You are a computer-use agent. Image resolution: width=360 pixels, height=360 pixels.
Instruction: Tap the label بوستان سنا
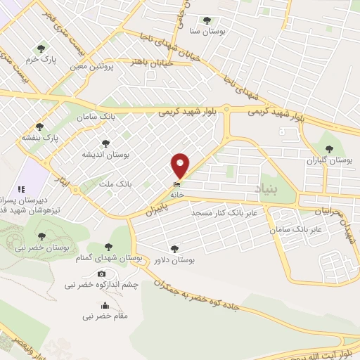tap(206, 32)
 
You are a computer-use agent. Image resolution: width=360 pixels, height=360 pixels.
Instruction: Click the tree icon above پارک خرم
tap(41, 49)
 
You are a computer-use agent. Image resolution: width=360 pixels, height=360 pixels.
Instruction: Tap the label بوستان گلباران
tap(329, 160)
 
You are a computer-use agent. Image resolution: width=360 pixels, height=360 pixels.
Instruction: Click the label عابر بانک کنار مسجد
tap(231, 211)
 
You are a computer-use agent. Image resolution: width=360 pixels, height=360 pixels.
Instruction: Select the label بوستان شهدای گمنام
tap(108, 259)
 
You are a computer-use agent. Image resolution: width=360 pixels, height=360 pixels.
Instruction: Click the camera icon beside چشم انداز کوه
tap(102, 274)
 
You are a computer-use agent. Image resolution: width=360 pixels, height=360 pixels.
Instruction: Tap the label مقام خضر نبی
tap(105, 316)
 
